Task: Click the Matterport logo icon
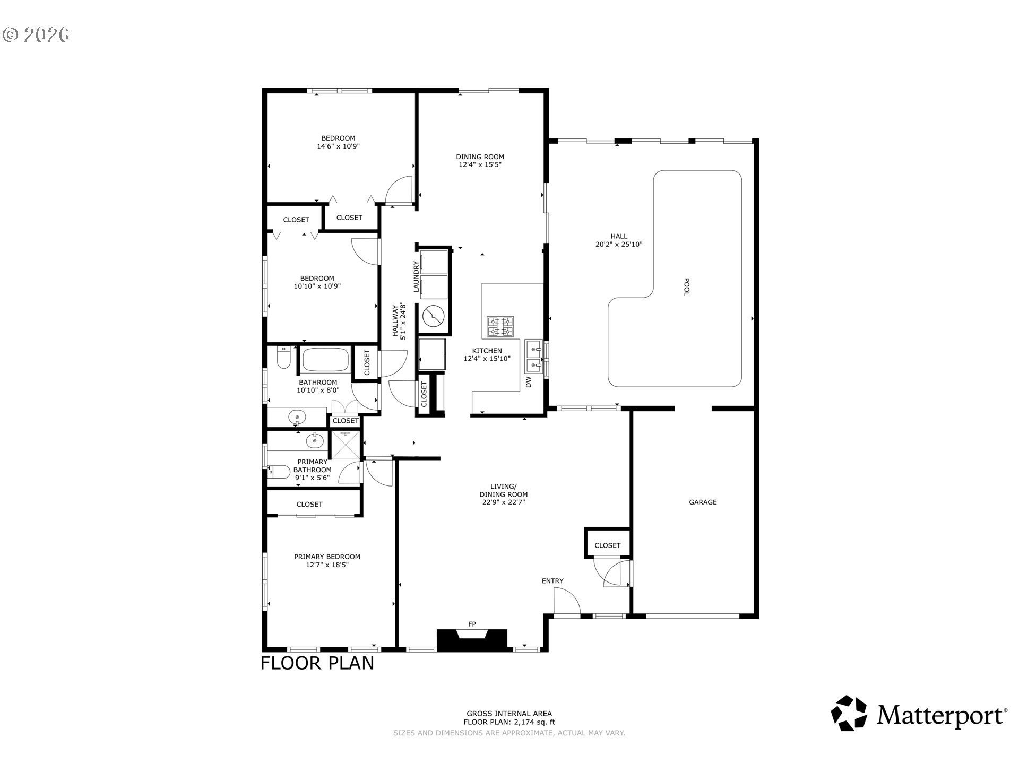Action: tap(849, 713)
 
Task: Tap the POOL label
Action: tap(686, 287)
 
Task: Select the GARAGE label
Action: tap(703, 502)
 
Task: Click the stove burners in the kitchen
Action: tap(501, 327)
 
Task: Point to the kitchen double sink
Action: tap(534, 357)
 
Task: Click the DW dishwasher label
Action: tap(529, 382)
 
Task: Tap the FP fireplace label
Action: tap(472, 623)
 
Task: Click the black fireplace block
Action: tap(472, 640)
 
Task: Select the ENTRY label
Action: tap(552, 581)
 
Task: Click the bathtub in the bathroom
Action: tap(325, 359)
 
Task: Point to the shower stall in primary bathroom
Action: tap(346, 445)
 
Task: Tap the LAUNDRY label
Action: tap(417, 276)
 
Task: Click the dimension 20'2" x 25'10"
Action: tap(619, 245)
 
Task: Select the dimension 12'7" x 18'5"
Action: tap(327, 565)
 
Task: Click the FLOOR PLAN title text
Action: tap(317, 663)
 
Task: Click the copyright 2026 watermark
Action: tap(36, 35)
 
